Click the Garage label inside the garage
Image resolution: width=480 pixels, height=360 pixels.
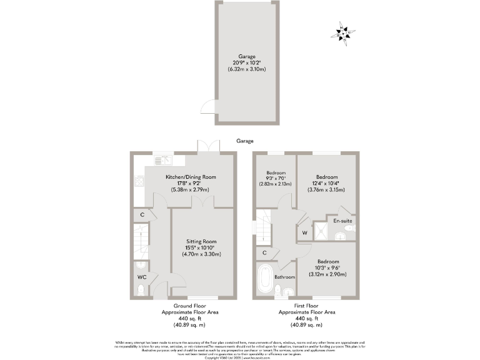pyautogui.click(x=246, y=56)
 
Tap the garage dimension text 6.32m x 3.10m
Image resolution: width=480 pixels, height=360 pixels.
pyautogui.click(x=246, y=69)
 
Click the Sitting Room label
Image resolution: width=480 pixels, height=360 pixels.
pyautogui.click(x=201, y=241)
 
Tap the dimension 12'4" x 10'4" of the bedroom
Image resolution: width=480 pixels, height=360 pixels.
pyautogui.click(x=327, y=184)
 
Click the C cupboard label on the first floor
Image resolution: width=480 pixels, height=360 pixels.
pyautogui.click(x=265, y=253)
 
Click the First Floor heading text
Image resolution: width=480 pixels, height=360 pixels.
pyautogui.click(x=306, y=306)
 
